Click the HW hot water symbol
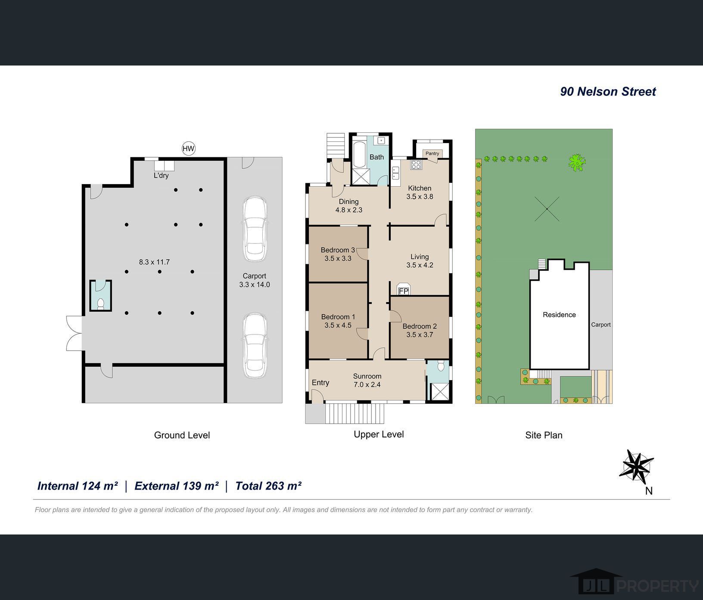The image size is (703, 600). tap(188, 149)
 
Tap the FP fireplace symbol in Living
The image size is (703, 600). tap(403, 290)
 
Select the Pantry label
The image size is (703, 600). tap(432, 153)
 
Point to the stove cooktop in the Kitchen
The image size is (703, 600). tap(416, 164)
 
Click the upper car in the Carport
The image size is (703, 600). tap(254, 229)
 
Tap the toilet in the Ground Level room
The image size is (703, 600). tap(100, 303)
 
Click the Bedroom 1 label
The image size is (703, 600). tap(338, 317)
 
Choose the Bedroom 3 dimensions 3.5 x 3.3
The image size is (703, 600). tap(338, 259)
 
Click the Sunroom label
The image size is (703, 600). tap(367, 376)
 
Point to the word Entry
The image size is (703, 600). tap(320, 383)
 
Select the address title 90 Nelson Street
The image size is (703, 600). tap(608, 91)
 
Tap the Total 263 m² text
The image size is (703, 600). tap(268, 486)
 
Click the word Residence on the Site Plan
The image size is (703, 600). tap(559, 315)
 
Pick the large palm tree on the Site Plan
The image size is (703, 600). tap(577, 163)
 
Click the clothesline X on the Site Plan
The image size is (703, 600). tap(547, 209)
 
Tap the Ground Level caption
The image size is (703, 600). tap(182, 435)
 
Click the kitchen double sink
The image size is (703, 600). tap(396, 173)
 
